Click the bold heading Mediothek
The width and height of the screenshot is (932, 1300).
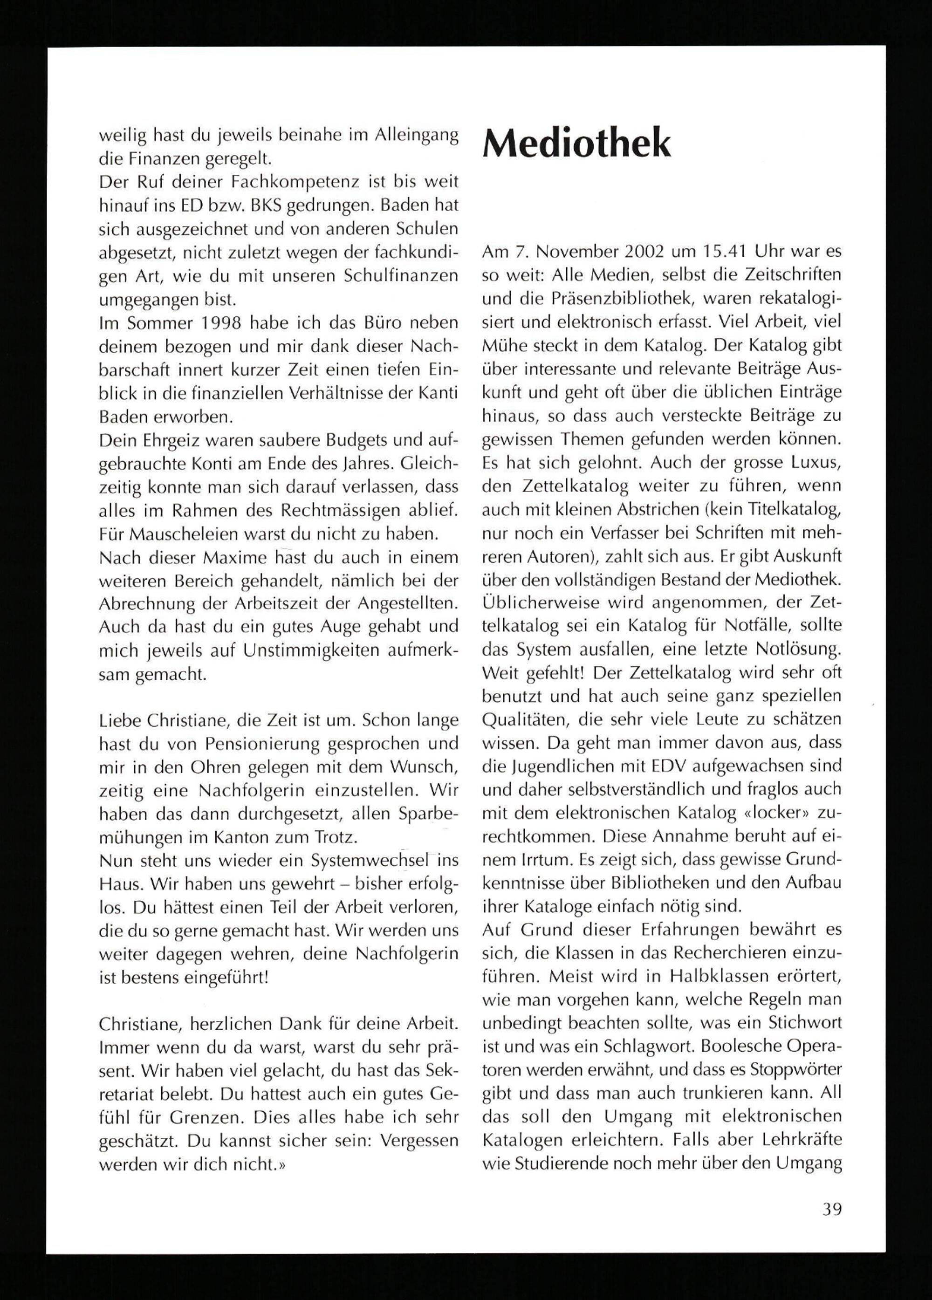(576, 144)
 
